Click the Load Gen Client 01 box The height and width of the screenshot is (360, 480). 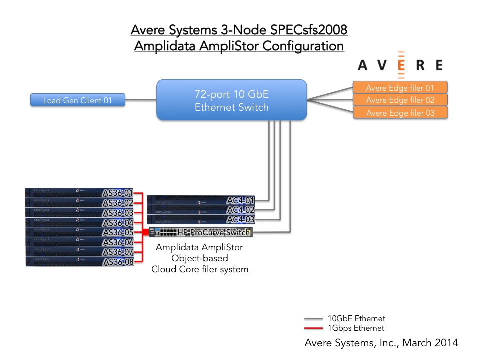click(77, 100)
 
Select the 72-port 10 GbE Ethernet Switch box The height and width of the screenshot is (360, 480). click(231, 100)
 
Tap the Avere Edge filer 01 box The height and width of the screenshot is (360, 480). click(400, 88)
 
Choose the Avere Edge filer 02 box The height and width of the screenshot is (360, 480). click(400, 100)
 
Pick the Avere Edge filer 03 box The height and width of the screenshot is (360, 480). click(400, 113)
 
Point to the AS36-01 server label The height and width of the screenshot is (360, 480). click(118, 193)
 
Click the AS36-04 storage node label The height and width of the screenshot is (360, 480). click(118, 223)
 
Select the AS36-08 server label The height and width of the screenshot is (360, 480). click(118, 262)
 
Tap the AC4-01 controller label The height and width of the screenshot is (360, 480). click(241, 201)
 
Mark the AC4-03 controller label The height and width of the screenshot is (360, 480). click(241, 220)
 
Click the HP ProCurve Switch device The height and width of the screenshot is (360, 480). click(200, 232)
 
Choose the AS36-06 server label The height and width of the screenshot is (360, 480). click(118, 242)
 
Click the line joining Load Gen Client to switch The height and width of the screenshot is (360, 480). click(140, 100)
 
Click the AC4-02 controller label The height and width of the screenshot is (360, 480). click(241, 210)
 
